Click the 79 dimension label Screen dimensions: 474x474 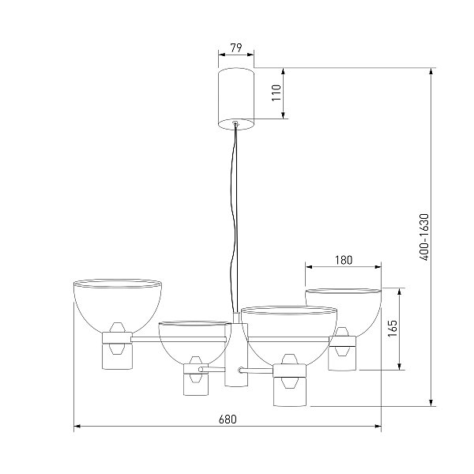click(236, 47)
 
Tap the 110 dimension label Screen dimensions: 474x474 click(276, 92)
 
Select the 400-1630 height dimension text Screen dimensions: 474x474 click(424, 237)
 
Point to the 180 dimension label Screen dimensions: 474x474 click(344, 260)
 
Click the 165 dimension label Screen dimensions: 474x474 click(392, 329)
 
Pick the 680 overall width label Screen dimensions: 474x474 click(228, 419)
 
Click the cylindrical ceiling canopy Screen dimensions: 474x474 click(235, 99)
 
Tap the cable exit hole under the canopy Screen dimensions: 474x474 click(235, 123)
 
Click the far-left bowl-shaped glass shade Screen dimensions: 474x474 click(117, 305)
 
